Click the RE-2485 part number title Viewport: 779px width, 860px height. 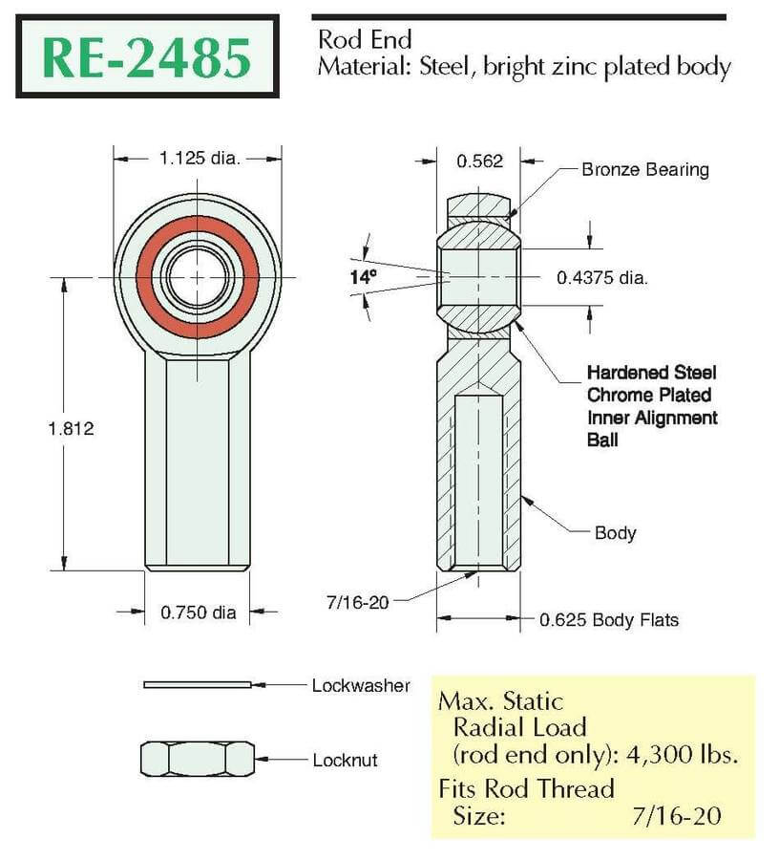coord(147,57)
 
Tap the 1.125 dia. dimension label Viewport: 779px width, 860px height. coord(200,159)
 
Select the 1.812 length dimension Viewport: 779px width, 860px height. coord(72,428)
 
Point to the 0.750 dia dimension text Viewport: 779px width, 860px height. coord(199,613)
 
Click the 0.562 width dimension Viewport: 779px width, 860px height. coord(479,161)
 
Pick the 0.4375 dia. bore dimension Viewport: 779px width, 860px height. coord(602,277)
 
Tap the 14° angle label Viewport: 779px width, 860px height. coord(363,277)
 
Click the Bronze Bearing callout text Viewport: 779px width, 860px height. coord(645,170)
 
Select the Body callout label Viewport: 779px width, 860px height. coord(615,533)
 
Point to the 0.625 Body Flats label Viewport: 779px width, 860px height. coord(609,620)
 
